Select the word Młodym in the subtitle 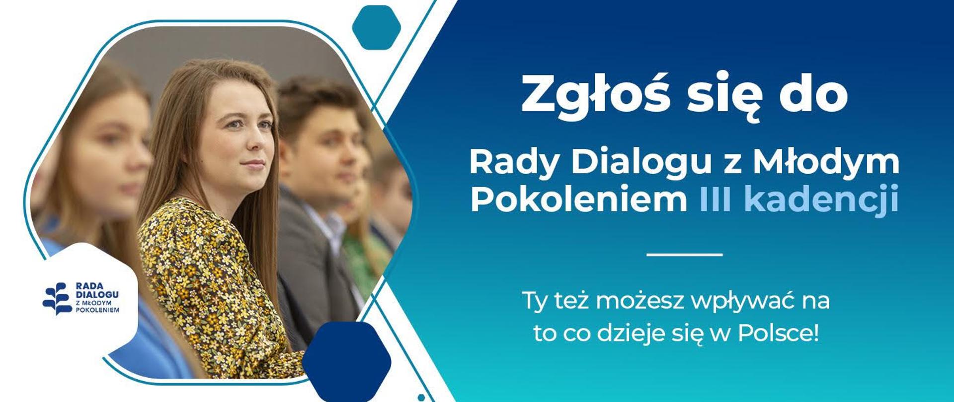[x=826, y=163]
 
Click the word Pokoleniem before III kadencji [x=578, y=200]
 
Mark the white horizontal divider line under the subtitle [x=684, y=255]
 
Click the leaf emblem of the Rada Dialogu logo [x=57, y=299]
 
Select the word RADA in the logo [x=89, y=286]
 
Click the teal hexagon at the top [x=376, y=27]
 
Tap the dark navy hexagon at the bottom [x=346, y=361]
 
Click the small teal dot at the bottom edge [x=421, y=398]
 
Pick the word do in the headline [x=813, y=95]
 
